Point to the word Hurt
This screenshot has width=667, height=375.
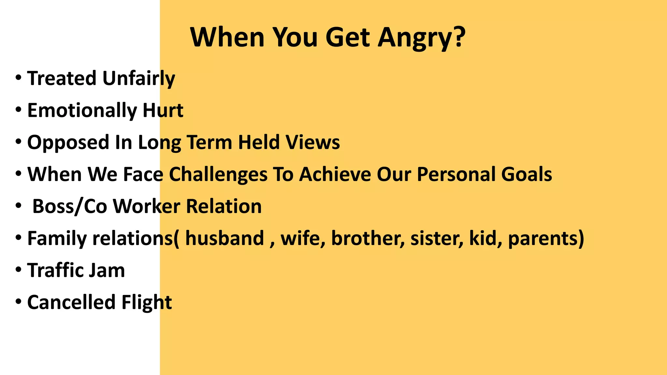coord(163,110)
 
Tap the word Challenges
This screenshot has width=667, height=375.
coord(218,174)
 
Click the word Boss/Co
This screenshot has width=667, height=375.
coord(69,207)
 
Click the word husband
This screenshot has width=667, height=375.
coord(224,238)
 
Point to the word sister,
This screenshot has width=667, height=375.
coord(437,238)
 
